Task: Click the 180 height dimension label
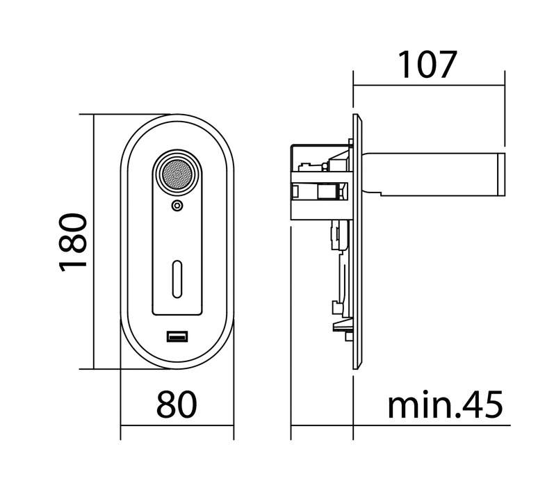click(72, 243)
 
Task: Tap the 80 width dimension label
click(177, 404)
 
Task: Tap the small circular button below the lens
click(177, 206)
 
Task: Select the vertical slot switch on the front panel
click(177, 279)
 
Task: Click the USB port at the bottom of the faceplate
click(177, 336)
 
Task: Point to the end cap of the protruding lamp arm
click(502, 175)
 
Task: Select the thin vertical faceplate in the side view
click(357, 242)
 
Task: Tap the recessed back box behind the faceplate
click(322, 182)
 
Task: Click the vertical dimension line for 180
click(94, 242)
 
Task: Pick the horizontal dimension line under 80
click(177, 425)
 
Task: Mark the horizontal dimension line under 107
click(429, 85)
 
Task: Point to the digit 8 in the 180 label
click(72, 243)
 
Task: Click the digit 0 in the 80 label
click(188, 404)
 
